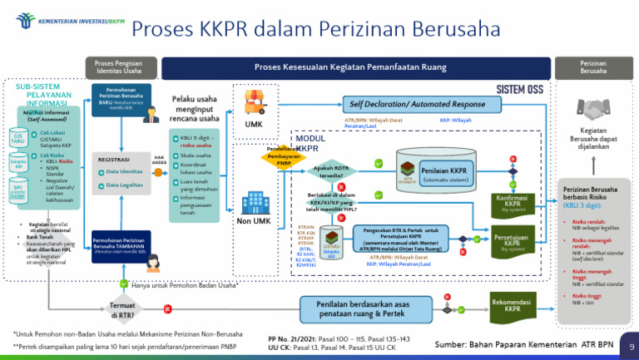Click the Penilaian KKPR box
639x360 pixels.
[443, 171]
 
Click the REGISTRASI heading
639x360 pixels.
[114, 158]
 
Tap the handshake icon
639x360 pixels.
[593, 109]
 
